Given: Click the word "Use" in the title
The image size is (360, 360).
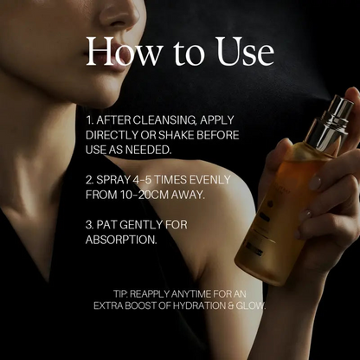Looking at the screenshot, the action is point(245,51).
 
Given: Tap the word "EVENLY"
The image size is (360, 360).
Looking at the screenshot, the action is point(209,180).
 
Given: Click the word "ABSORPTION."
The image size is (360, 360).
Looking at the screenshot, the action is point(121,240).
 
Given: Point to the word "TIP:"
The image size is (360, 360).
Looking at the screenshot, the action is point(120,294).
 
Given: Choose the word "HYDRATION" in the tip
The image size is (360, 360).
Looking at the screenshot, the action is point(200,305).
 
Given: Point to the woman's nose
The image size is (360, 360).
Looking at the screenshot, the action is point(121,15).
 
